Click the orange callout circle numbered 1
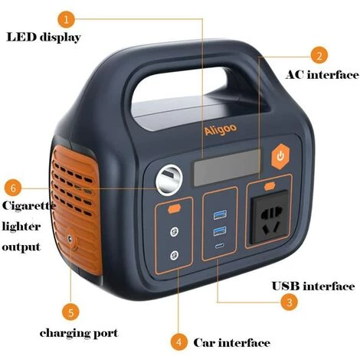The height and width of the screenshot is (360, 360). [67, 19]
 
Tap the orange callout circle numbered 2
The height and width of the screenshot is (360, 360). [319, 55]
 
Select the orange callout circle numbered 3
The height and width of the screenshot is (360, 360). [289, 303]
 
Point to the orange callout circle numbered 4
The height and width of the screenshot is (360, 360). [179, 342]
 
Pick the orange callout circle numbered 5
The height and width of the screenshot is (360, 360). [70, 313]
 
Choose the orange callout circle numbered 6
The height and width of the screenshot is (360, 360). [13, 188]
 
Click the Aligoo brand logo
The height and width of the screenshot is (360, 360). [221, 129]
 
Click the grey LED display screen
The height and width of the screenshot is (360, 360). [227, 167]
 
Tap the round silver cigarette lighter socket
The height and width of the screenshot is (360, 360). [169, 180]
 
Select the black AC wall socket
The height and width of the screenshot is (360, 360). [270, 217]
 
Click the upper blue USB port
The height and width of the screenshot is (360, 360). [220, 214]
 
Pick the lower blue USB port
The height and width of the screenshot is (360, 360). [220, 231]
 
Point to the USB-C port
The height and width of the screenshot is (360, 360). [219, 246]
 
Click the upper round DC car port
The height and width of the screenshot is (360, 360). [174, 232]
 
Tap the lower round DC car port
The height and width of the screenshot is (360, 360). [174, 255]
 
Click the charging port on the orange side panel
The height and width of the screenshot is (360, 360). [70, 239]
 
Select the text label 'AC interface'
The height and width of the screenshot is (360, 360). [322, 75]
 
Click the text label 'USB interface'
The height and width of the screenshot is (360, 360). [313, 286]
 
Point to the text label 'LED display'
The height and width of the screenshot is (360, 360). [44, 38]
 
